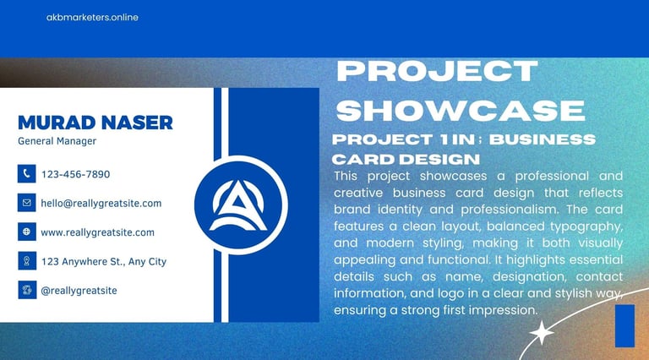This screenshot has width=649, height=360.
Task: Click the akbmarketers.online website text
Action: [92, 18]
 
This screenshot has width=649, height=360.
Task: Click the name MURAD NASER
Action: [95, 123]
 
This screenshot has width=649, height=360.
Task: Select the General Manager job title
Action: [57, 141]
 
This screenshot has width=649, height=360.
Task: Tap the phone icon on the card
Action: [26, 174]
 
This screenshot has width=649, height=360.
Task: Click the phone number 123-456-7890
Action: [76, 174]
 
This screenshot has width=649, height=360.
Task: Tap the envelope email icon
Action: [26, 203]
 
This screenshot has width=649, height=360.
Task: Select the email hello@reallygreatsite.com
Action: [101, 203]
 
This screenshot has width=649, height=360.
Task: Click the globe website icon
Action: [26, 232]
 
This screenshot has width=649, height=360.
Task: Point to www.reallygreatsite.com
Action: [98, 232]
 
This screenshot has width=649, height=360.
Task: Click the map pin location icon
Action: [26, 261]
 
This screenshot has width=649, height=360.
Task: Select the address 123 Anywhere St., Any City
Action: [104, 261]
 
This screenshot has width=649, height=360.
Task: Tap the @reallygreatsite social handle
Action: [79, 291]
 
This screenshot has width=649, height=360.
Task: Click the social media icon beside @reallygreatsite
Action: [26, 290]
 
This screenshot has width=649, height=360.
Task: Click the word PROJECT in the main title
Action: [438, 71]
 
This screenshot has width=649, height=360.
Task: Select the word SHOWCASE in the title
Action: [461, 110]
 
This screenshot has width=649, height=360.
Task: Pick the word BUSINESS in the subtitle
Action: [543, 139]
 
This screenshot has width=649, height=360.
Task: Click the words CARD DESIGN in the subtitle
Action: [406, 160]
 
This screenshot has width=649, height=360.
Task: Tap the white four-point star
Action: [542, 332]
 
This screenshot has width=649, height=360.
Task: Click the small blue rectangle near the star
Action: [625, 325]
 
